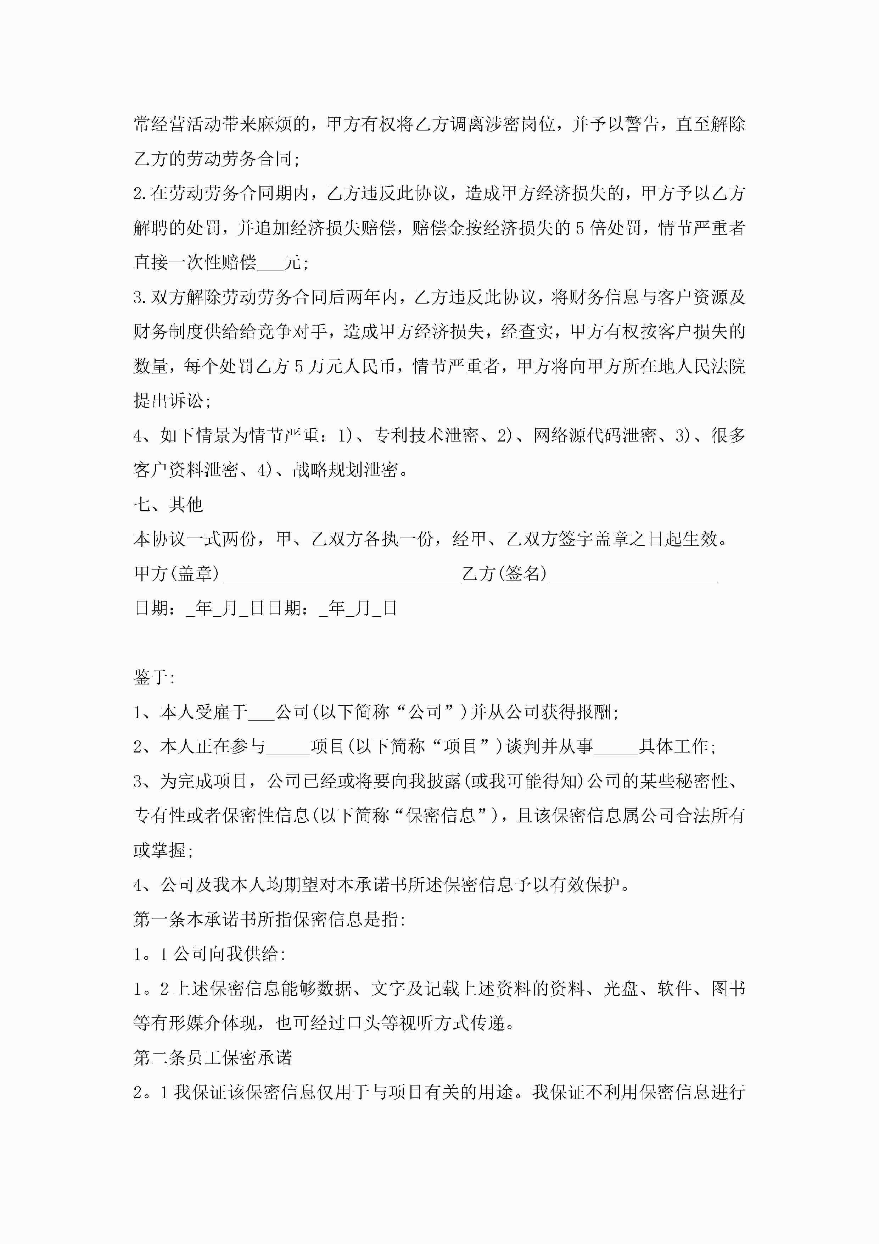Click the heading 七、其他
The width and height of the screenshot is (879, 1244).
[x=168, y=504]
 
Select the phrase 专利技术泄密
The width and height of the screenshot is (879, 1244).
[x=426, y=435]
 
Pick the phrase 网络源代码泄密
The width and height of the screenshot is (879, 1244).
[x=595, y=435]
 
